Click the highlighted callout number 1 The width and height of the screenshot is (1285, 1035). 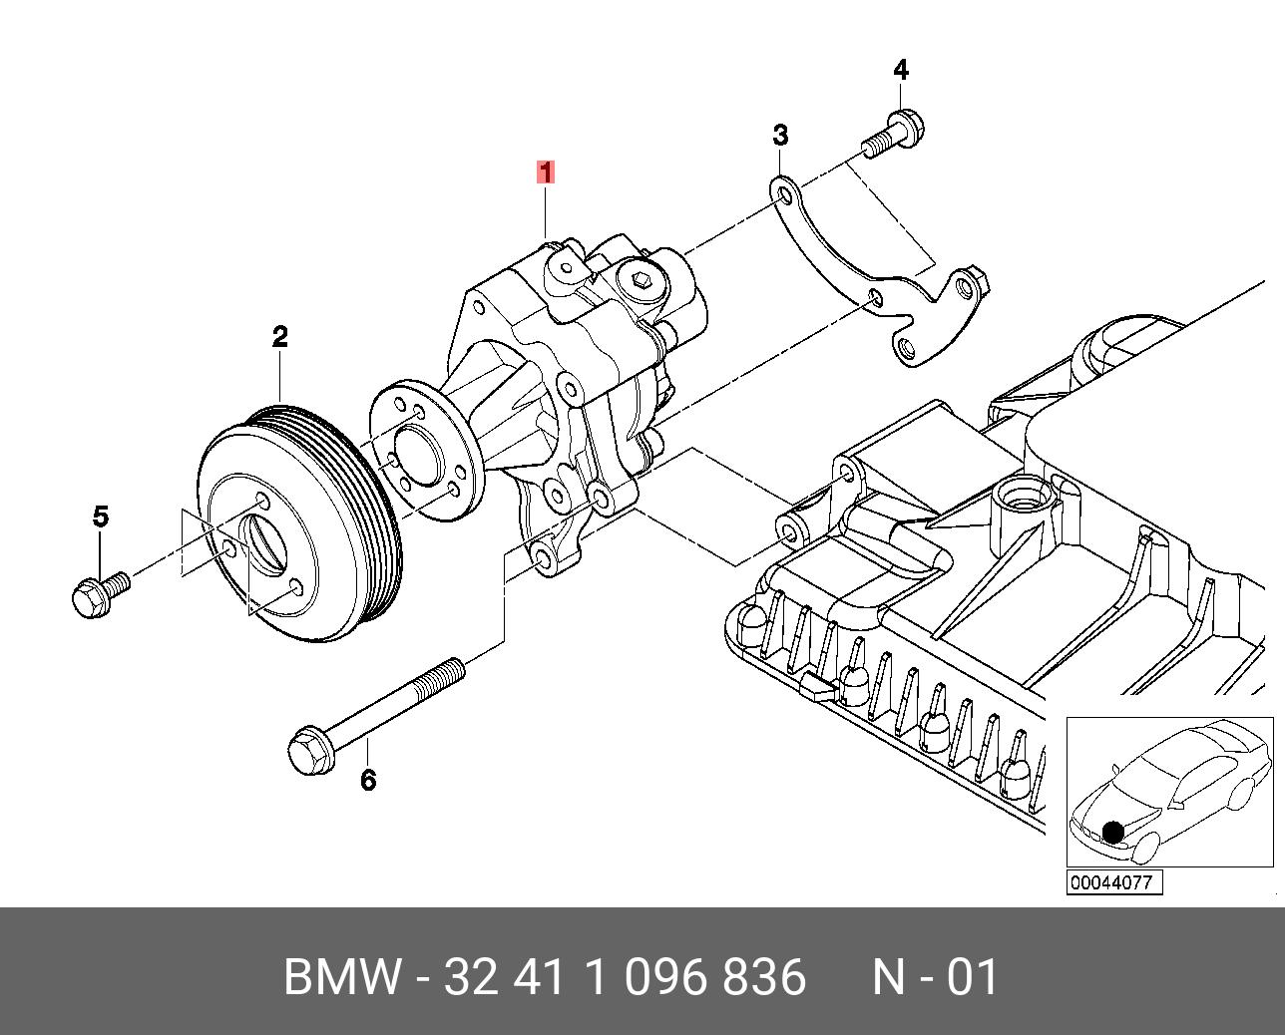545,172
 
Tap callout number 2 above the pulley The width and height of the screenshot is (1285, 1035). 280,337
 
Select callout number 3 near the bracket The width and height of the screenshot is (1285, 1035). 780,135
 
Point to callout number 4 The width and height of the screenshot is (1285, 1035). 901,71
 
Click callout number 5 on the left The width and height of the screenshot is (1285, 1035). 100,517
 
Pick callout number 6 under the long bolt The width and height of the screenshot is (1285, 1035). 368,780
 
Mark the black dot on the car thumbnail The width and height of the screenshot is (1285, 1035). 1112,832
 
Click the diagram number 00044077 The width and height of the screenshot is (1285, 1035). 1114,882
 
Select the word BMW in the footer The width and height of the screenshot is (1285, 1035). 343,976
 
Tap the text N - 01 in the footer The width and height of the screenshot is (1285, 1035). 935,976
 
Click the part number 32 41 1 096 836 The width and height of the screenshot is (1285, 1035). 624,976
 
